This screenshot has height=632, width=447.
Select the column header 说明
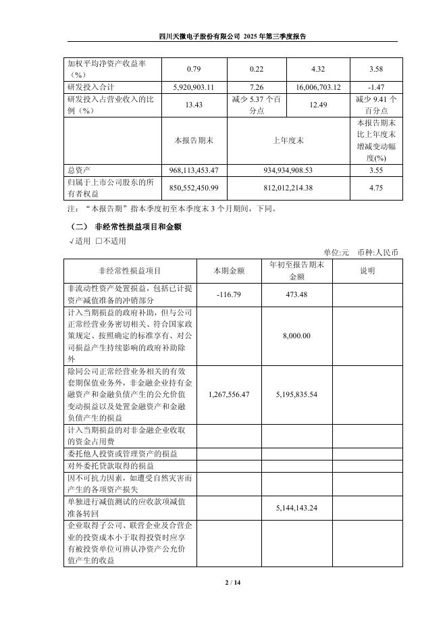click(x=367, y=271)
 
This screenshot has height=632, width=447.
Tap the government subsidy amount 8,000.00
click(x=297, y=336)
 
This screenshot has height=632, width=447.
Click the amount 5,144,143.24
click(x=297, y=507)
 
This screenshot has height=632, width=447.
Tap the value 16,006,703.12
click(x=318, y=87)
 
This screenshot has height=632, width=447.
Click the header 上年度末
click(x=288, y=140)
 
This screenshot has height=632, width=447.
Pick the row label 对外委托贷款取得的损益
click(x=111, y=466)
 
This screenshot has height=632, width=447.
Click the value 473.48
click(x=297, y=294)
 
